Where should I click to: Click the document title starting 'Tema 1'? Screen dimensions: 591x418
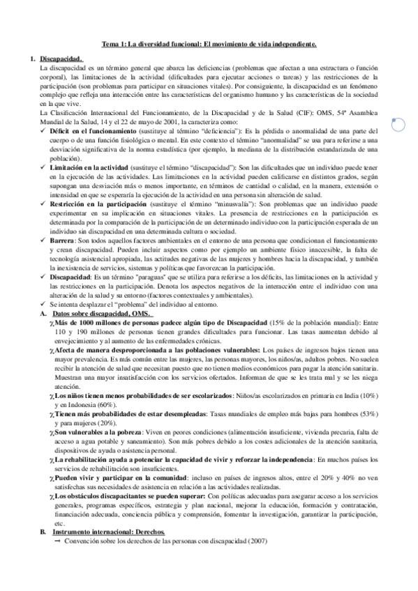[x=209, y=44]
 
